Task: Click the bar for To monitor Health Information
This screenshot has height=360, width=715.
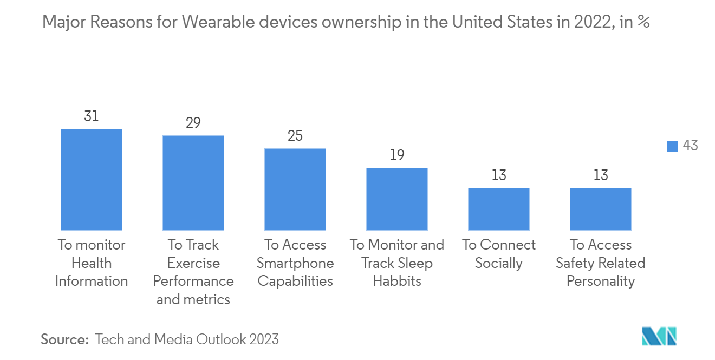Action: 92,180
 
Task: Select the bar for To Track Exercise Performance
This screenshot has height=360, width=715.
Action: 193,183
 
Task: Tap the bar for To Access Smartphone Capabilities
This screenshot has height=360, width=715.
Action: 295,189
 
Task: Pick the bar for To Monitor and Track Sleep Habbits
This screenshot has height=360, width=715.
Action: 397,199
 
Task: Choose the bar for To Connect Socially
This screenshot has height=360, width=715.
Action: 499,209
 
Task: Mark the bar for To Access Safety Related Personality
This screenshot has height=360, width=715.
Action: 601,209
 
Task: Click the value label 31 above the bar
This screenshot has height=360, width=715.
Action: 92,116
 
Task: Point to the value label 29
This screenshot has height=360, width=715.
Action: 193,123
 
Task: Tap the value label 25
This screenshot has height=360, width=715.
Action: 295,136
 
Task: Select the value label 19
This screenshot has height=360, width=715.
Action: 397,155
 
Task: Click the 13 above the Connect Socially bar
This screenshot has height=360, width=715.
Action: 499,175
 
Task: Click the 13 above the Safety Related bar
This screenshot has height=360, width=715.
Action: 601,175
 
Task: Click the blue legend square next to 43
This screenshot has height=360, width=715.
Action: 672,146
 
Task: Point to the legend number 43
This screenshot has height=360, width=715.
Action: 690,146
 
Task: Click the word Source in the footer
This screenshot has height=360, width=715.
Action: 64,339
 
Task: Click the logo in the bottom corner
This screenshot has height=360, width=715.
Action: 659,336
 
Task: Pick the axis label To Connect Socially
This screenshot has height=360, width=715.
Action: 499,254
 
